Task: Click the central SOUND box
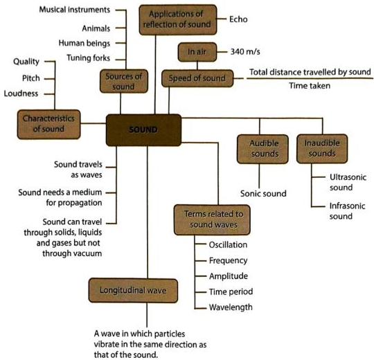click(x=143, y=130)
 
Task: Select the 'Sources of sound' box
click(x=124, y=81)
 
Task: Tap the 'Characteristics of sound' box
click(x=48, y=124)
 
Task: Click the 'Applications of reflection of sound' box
click(x=178, y=20)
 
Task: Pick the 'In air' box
click(x=197, y=52)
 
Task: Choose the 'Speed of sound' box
click(x=197, y=78)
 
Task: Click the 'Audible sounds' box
click(x=262, y=149)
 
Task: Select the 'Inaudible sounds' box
click(x=322, y=149)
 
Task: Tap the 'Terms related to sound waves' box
click(x=212, y=219)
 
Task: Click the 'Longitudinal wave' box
click(x=133, y=290)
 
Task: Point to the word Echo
click(x=238, y=19)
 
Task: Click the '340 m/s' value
click(x=245, y=52)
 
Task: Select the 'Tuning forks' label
click(x=88, y=58)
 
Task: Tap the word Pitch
click(x=31, y=78)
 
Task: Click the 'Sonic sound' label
click(x=263, y=193)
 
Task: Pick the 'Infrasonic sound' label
click(x=347, y=211)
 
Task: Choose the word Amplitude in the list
click(x=229, y=276)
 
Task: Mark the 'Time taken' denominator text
click(x=310, y=86)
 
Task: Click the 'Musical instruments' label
click(x=74, y=10)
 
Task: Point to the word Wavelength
click(x=231, y=307)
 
